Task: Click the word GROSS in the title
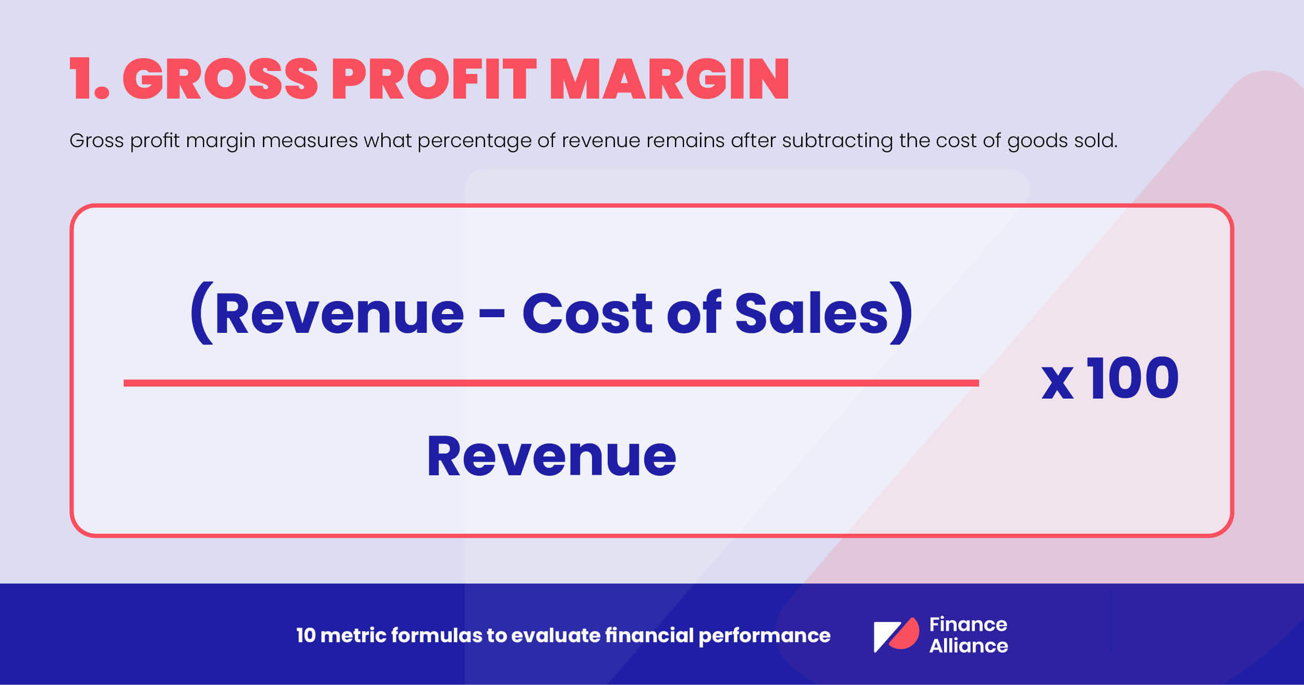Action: [220, 79]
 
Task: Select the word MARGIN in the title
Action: [669, 79]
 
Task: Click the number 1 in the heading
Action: [82, 79]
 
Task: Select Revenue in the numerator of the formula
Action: [339, 314]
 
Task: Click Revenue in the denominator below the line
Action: [551, 456]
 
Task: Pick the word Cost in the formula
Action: [587, 314]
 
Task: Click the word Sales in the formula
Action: [812, 314]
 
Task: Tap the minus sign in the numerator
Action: [492, 315]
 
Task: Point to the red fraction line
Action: [551, 383]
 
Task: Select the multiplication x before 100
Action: [1057, 383]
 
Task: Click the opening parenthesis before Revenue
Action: [202, 314]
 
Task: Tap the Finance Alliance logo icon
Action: [896, 634]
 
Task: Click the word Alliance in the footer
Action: [969, 646]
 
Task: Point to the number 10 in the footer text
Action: [306, 635]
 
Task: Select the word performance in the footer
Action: [764, 636]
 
